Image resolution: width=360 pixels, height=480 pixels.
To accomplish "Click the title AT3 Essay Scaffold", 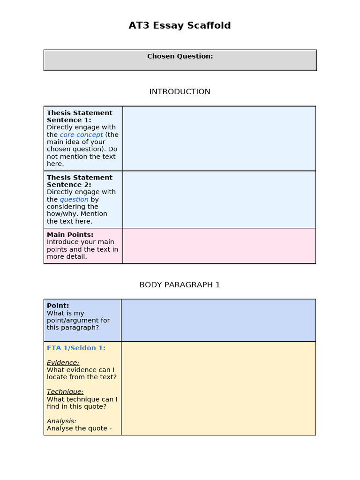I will pyautogui.click(x=180, y=26).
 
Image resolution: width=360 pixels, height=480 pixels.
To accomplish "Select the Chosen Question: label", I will pyautogui.click(x=180, y=56).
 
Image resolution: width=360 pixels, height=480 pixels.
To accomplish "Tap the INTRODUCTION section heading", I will pyautogui.click(x=180, y=92).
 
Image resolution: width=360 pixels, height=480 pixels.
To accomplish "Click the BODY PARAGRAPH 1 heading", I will pyautogui.click(x=180, y=285).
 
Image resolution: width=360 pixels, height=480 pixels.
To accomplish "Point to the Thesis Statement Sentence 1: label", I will pyautogui.click(x=79, y=116).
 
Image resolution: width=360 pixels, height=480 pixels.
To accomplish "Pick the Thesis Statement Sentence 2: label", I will pyautogui.click(x=79, y=181).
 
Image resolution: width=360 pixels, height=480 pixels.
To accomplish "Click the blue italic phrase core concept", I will pyautogui.click(x=81, y=135).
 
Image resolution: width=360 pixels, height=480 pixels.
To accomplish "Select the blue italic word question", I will pyautogui.click(x=74, y=200).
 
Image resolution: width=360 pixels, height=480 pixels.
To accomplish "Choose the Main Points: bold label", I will pyautogui.click(x=70, y=235).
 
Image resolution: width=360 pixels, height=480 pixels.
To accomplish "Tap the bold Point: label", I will pyautogui.click(x=58, y=306).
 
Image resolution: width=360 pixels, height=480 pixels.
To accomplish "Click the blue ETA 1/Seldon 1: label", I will pyautogui.click(x=76, y=348).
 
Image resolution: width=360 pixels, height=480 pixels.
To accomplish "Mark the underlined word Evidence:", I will pyautogui.click(x=63, y=363).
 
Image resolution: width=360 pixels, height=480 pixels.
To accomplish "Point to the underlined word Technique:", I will pyautogui.click(x=65, y=392).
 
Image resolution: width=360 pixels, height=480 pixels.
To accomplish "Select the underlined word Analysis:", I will pyautogui.click(x=61, y=421).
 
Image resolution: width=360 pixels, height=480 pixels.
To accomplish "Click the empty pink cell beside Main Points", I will pyautogui.click(x=219, y=246).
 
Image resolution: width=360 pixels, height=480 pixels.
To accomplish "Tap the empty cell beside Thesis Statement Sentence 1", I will pyautogui.click(x=219, y=138).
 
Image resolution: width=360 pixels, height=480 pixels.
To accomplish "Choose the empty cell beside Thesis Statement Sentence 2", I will pyautogui.click(x=219, y=199).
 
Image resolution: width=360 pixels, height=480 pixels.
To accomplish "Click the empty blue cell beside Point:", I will pyautogui.click(x=218, y=320).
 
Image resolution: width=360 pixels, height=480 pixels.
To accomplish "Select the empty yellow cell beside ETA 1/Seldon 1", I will pyautogui.click(x=218, y=388).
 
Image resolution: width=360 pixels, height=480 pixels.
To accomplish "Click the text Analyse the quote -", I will pyautogui.click(x=79, y=428).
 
